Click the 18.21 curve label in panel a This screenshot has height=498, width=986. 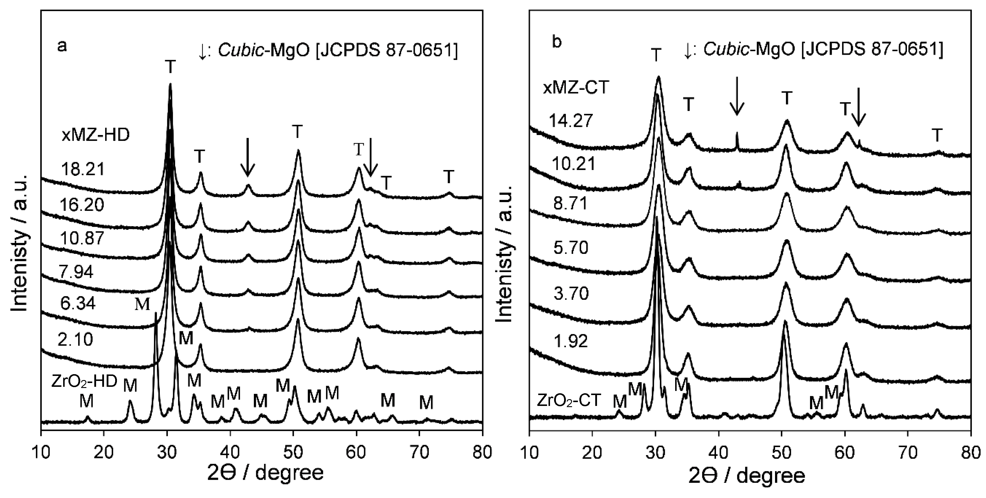[83, 169]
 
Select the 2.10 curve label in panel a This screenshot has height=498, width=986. [76, 339]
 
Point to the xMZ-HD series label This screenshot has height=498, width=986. [96, 135]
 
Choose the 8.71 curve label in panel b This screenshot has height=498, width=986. [570, 204]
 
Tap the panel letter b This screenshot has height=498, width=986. [557, 42]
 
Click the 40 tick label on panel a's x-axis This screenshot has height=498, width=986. [230, 452]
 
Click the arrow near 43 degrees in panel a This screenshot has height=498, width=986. [248, 157]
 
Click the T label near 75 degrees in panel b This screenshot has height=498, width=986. [937, 135]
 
